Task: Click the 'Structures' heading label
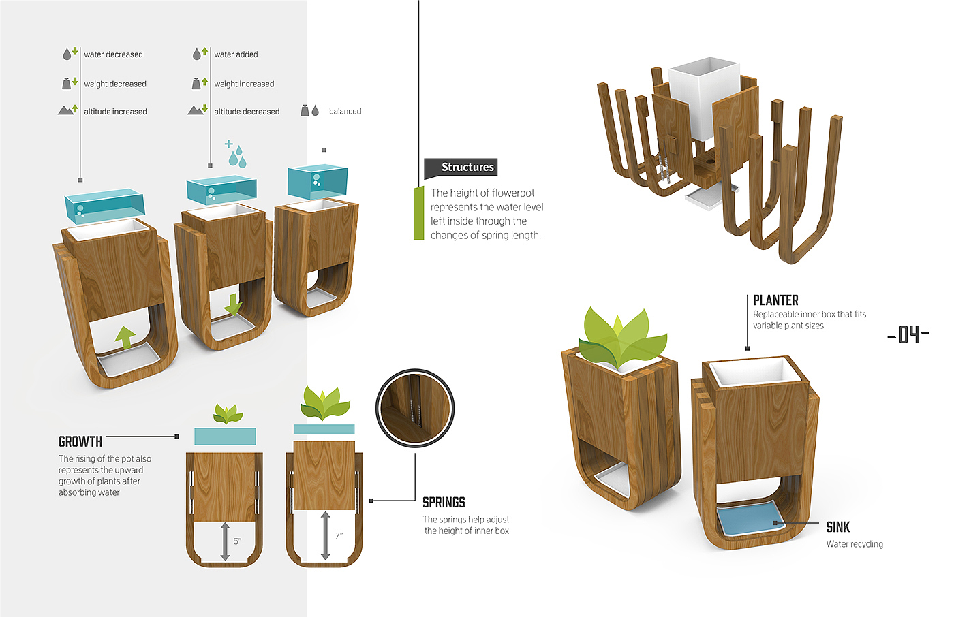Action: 467,168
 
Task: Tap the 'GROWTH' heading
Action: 80,441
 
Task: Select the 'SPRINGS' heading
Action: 444,503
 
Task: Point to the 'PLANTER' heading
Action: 775,300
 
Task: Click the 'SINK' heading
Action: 837,527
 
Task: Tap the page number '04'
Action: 908,334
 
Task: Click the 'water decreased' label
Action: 113,54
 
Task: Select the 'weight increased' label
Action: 244,84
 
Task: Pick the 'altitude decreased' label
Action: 247,112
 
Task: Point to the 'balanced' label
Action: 345,111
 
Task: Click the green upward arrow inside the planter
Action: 125,336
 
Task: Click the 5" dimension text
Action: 237,541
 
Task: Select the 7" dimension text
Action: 339,536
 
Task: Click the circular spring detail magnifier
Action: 415,408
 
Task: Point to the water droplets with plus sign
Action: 235,154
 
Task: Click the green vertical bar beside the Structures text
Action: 418,213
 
